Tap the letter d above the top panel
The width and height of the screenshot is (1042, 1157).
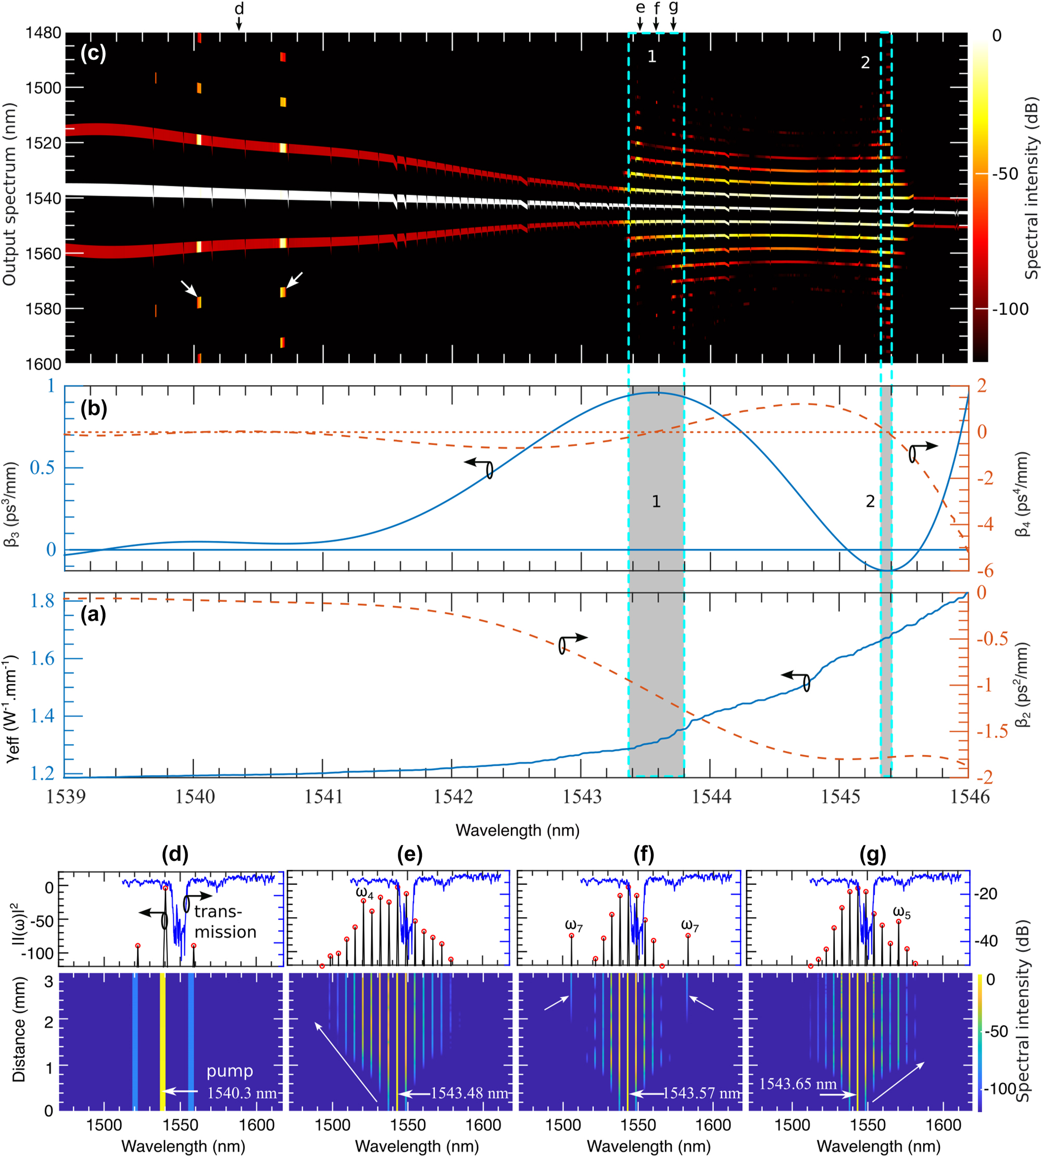(240, 8)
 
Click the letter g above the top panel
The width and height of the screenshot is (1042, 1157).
(673, 7)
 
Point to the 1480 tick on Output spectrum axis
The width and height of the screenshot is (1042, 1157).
(43, 33)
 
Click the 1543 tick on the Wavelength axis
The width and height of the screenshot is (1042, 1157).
(582, 796)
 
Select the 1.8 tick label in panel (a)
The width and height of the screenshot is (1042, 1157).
(42, 600)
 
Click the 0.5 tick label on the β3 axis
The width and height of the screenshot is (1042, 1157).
(43, 468)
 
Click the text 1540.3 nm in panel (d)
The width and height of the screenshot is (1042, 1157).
(242, 1094)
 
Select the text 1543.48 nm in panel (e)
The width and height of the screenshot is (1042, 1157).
(470, 1094)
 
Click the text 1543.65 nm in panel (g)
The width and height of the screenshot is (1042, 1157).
(798, 1084)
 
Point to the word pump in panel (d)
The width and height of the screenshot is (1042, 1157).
(230, 1071)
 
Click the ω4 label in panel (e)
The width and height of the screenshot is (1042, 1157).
(365, 892)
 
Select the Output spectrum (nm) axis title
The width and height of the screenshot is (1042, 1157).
(9, 195)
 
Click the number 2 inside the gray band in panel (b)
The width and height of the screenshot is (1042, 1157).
(870, 502)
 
